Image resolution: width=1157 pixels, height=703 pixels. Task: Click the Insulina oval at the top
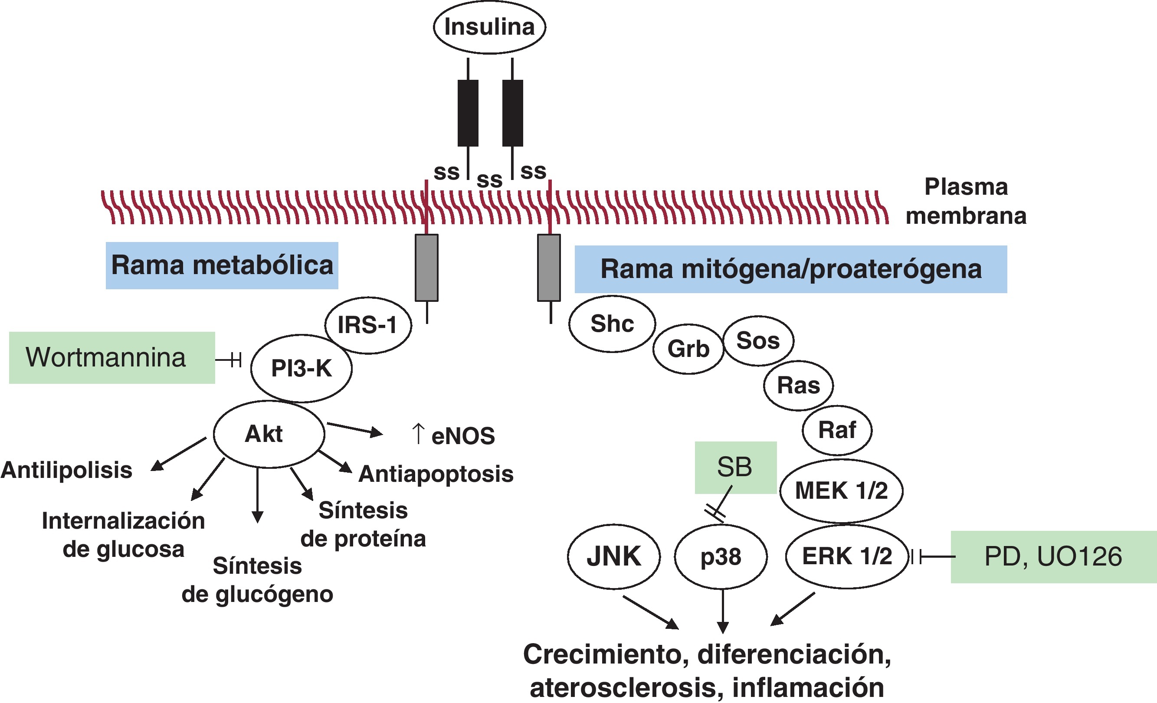pos(489,27)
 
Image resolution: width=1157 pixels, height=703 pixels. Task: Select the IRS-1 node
pos(368,325)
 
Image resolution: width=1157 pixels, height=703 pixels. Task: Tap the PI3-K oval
pos(302,368)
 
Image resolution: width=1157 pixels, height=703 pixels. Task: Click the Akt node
pos(269,434)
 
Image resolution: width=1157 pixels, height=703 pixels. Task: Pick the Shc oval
pos(612,324)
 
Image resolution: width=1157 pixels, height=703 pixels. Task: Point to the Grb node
pos(688,349)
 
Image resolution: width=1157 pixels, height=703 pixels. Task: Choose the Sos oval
pos(758,341)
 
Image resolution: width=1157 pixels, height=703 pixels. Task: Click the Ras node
pos(798,385)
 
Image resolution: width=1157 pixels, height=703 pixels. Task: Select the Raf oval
pos(837,430)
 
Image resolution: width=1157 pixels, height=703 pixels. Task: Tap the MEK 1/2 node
pos(841,491)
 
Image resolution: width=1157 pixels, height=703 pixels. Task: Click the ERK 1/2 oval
pos(847,556)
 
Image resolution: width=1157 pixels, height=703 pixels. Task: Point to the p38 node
pos(721,557)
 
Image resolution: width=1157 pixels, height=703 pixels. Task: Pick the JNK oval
pos(614,556)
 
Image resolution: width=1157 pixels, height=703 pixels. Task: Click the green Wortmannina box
pos(112,358)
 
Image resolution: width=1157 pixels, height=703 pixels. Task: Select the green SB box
pos(735,468)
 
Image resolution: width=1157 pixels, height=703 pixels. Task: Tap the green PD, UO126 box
pos(1053,557)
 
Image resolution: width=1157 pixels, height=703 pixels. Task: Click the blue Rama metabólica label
pos(222,265)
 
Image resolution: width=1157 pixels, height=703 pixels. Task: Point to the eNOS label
pos(462,436)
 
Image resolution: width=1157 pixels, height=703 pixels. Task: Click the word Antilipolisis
pos(67,470)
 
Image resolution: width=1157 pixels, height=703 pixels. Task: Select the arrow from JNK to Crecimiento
pos(650,612)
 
